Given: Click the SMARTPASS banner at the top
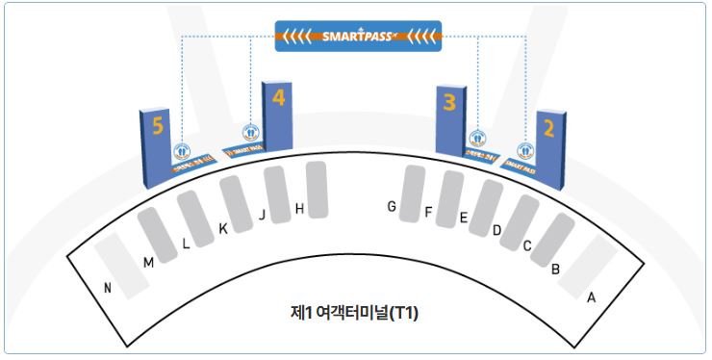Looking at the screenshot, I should (358, 37).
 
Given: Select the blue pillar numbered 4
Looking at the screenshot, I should (277, 114).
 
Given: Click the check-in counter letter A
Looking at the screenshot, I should (592, 297).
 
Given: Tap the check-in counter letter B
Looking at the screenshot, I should (555, 270).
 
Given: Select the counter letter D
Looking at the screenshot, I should (496, 231).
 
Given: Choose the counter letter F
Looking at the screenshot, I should (428, 212).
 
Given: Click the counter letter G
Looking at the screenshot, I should (392, 207).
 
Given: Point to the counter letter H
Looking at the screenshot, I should (299, 208).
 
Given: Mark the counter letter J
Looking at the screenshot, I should (262, 215).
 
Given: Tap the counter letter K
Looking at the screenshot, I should (222, 229).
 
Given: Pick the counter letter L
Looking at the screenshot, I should (186, 244).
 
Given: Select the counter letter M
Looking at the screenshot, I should (148, 262).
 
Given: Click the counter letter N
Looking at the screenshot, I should (108, 288).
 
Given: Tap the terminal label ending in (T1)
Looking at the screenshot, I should (354, 313).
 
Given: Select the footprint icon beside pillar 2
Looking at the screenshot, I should (525, 150).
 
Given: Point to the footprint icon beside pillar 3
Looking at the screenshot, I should (476, 139).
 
